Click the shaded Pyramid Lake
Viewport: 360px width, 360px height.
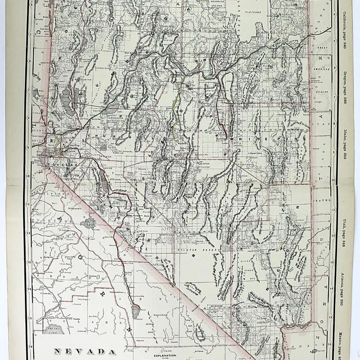(67, 101)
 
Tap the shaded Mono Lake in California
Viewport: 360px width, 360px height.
(88, 223)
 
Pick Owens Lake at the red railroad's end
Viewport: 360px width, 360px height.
(135, 312)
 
